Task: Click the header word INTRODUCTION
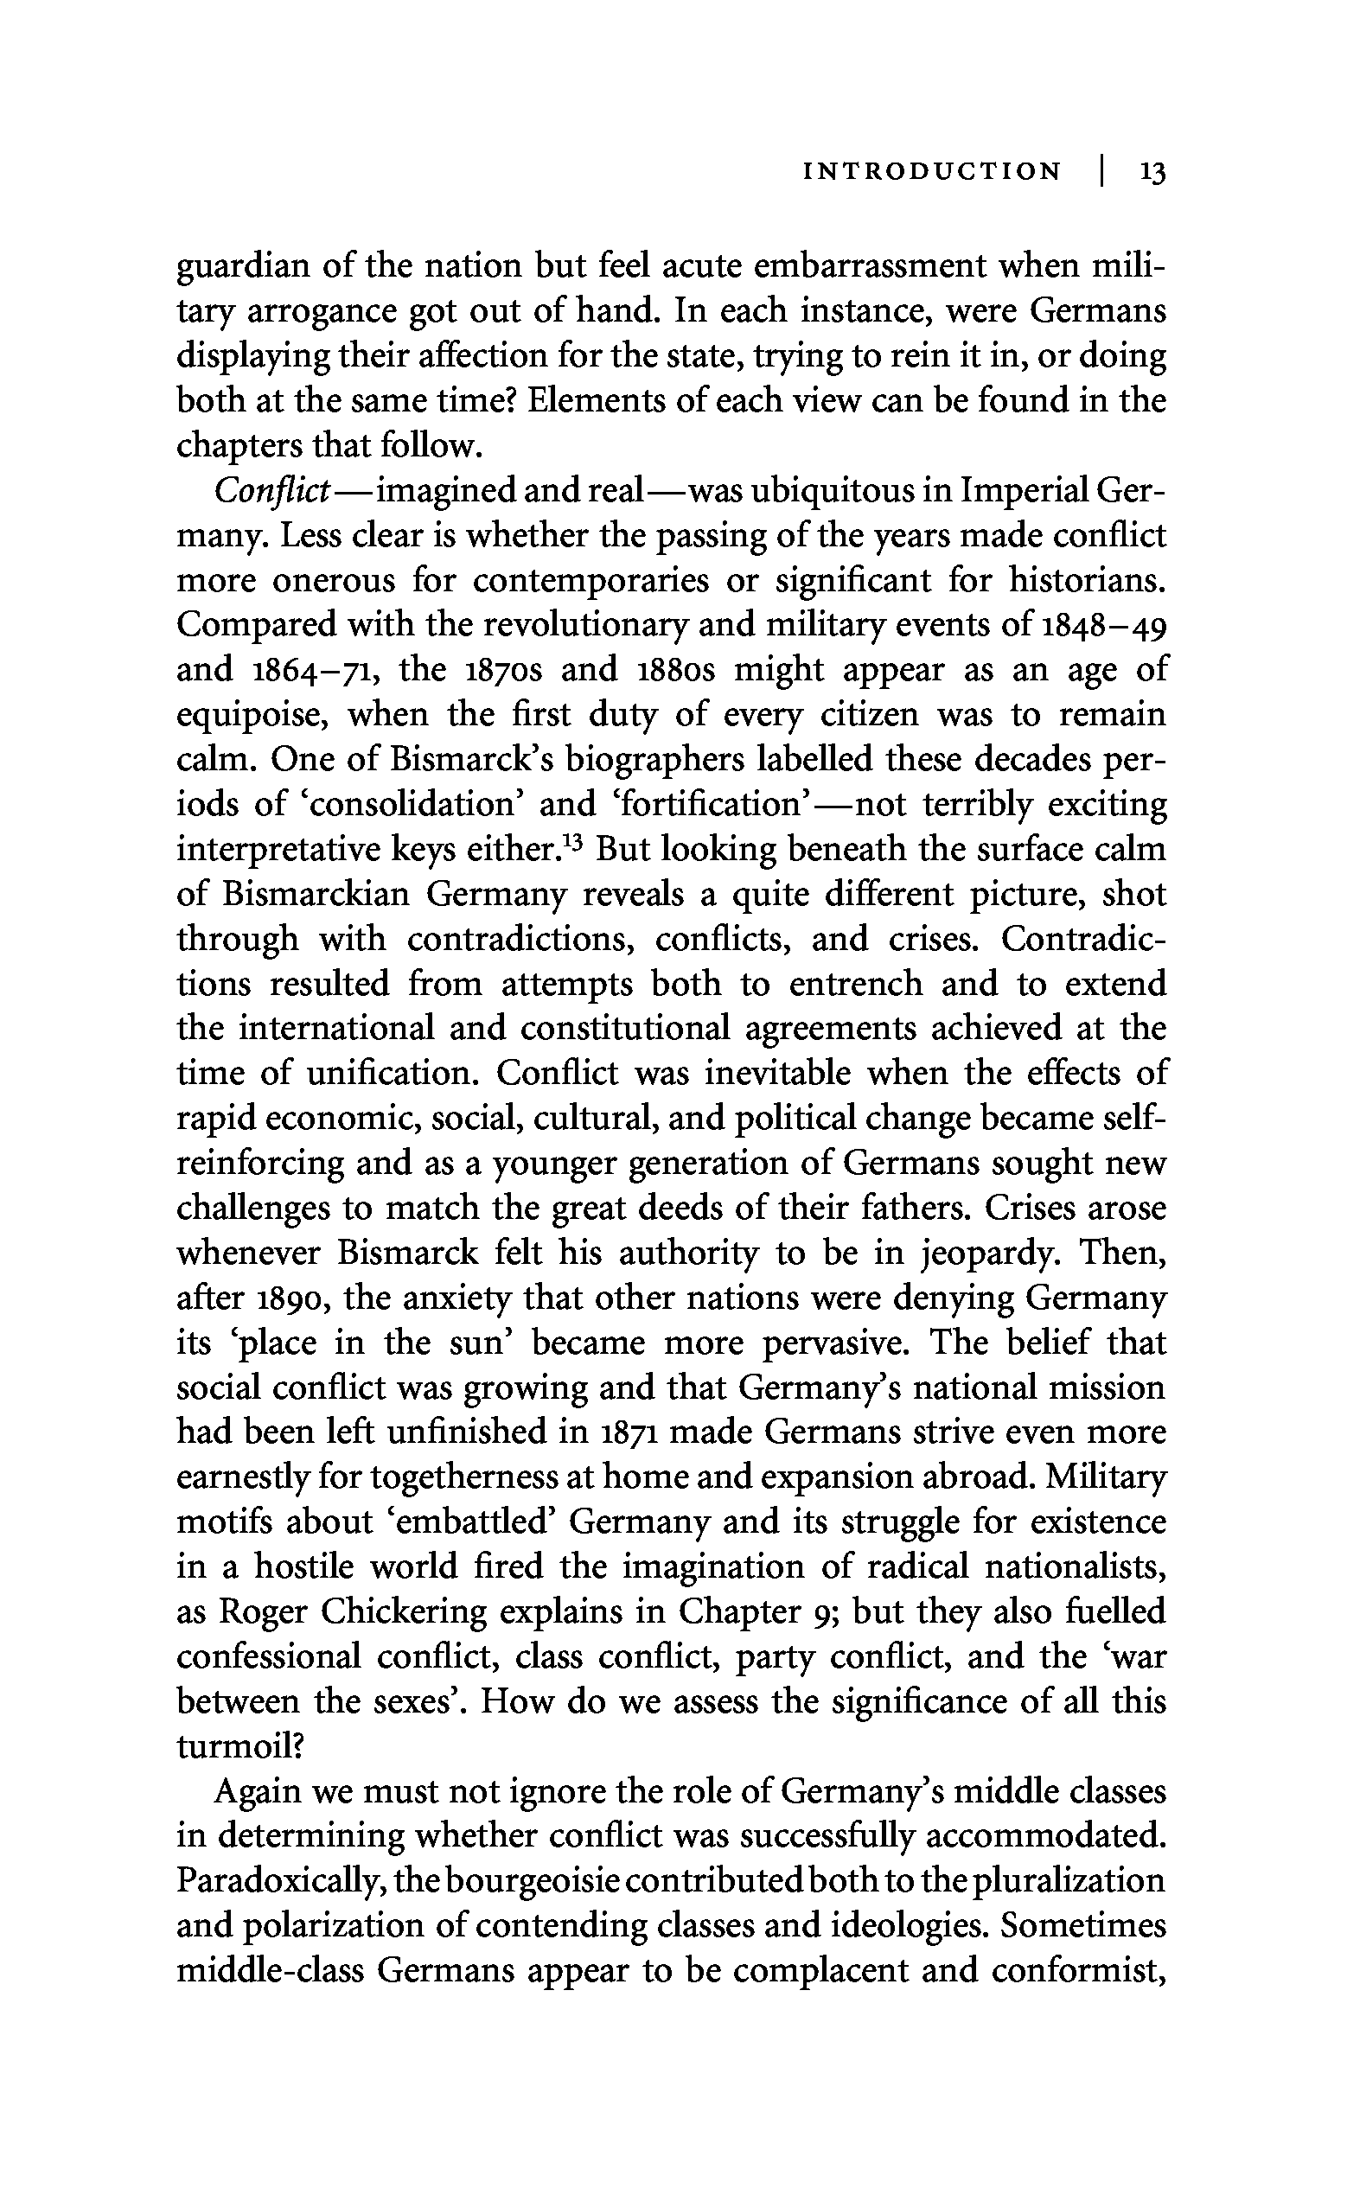click(x=933, y=171)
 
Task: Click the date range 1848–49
click(x=1104, y=624)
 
